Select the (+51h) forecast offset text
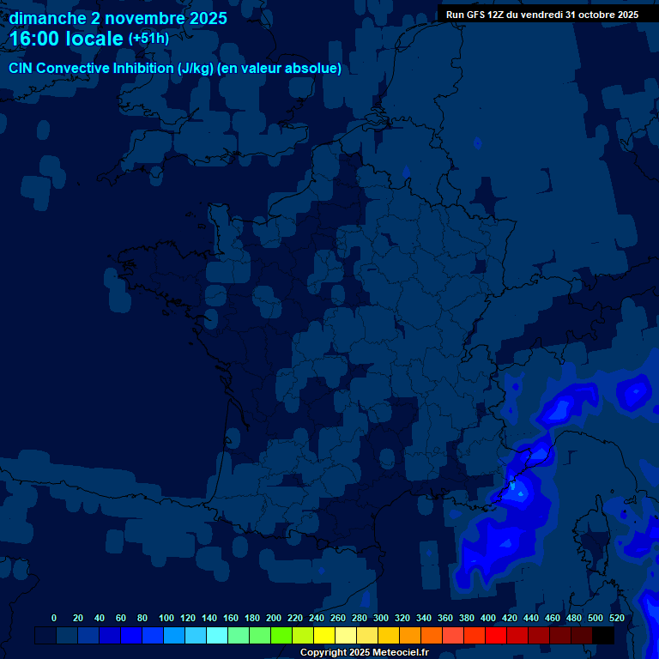148,39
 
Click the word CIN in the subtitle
21,69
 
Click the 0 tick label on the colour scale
54,618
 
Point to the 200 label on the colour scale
274,618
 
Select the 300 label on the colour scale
381,618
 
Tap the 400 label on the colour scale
488,618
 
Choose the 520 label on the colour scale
616,618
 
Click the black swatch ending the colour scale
603,635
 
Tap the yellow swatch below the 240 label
324,635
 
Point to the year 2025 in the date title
207,18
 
